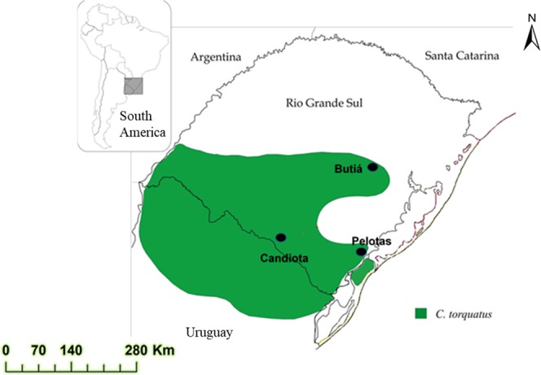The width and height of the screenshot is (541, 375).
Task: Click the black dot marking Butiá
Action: click(x=372, y=167)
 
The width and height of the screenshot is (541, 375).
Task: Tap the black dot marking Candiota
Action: click(x=281, y=237)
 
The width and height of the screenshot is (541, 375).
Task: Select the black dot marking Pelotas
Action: click(x=361, y=252)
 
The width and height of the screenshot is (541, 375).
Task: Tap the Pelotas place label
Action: click(x=372, y=241)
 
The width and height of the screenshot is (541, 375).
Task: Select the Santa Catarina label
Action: click(x=462, y=55)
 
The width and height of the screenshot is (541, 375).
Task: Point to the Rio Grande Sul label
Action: click(x=323, y=103)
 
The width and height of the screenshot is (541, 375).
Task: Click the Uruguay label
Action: click(x=209, y=333)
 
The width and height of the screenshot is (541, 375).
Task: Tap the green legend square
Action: click(x=421, y=312)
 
